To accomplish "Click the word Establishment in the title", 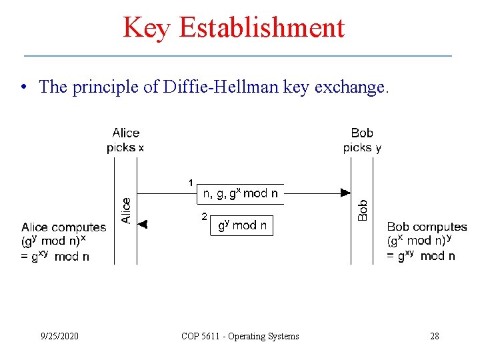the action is coord(261,28).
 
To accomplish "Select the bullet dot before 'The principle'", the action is coord(23,87).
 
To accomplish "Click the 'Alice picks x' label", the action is coord(125,140).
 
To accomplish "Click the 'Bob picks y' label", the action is coord(362,140).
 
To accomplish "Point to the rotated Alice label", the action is coord(126,209).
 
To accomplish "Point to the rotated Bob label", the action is coord(363,210).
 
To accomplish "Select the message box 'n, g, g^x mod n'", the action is coord(241,193).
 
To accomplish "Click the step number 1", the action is coord(191,182).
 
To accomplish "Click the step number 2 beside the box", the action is coord(204,216).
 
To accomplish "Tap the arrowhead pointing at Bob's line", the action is coord(345,193).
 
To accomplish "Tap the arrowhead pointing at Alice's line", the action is coord(143,225).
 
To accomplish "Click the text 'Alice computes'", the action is coord(63,227).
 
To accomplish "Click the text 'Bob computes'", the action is coord(427,227).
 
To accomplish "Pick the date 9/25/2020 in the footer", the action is coord(59,336).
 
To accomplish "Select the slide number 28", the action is coord(435,336).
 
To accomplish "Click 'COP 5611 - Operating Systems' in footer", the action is coord(240,336).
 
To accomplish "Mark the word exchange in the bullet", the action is coord(356,87).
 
